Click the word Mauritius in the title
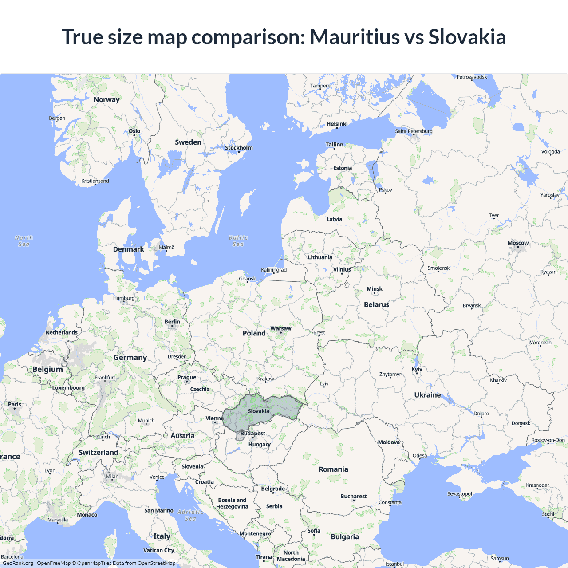355,37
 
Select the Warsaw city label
281,329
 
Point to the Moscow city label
518,243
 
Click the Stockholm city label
239,148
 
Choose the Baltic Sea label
238,241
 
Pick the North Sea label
24,241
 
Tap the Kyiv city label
417,369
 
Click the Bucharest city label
354,496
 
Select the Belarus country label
376,305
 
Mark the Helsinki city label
337,124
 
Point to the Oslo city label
134,131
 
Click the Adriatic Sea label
190,515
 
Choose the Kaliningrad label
274,270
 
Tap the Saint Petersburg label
414,131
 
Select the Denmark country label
128,249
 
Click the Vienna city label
214,418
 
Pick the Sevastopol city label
459,494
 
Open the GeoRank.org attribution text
18,563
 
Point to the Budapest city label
253,434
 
